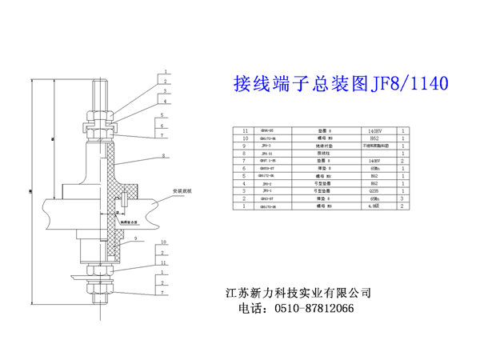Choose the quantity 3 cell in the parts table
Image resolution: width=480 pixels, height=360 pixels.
(403, 198)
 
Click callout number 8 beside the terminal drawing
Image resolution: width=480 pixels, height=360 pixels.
(162, 155)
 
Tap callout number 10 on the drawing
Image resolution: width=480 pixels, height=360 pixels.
(162, 242)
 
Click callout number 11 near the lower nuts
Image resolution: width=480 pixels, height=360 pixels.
(162, 262)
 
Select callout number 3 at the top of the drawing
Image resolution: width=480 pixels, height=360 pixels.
(162, 92)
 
